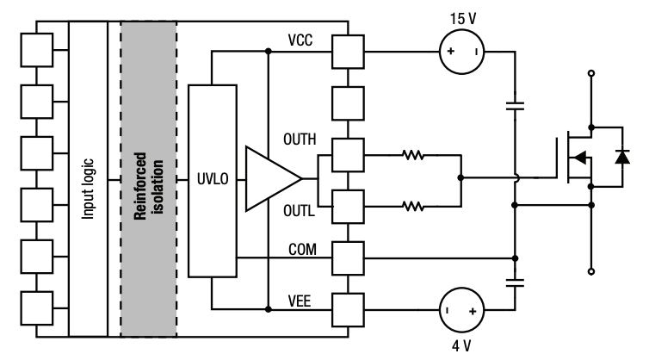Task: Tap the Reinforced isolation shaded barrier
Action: pos(148,179)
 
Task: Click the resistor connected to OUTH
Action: pos(413,156)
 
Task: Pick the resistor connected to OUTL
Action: pos(413,205)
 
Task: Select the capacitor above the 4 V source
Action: pos(515,281)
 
